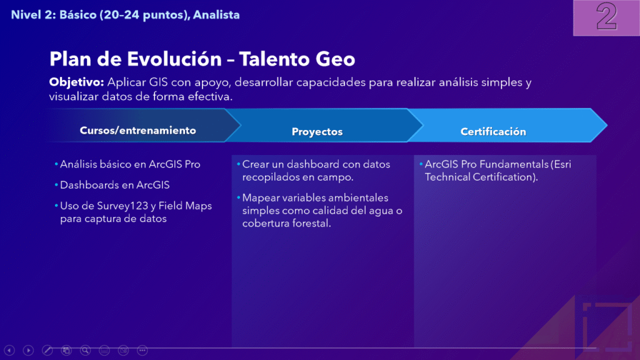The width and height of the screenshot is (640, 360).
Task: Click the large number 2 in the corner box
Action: (606, 16)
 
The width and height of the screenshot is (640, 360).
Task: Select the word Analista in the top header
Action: (216, 15)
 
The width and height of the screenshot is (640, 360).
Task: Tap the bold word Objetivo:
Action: (77, 82)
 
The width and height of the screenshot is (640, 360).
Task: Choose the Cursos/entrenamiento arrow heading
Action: (138, 130)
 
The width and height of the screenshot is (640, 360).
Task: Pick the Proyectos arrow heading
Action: (317, 131)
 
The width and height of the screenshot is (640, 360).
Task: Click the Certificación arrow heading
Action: (493, 131)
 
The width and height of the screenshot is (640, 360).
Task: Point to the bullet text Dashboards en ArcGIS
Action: (115, 185)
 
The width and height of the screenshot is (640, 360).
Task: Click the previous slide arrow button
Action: (9, 350)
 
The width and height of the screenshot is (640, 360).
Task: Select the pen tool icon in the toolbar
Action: (47, 350)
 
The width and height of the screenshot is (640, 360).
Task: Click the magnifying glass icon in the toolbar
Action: (85, 350)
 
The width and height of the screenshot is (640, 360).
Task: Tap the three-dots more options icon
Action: (142, 350)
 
